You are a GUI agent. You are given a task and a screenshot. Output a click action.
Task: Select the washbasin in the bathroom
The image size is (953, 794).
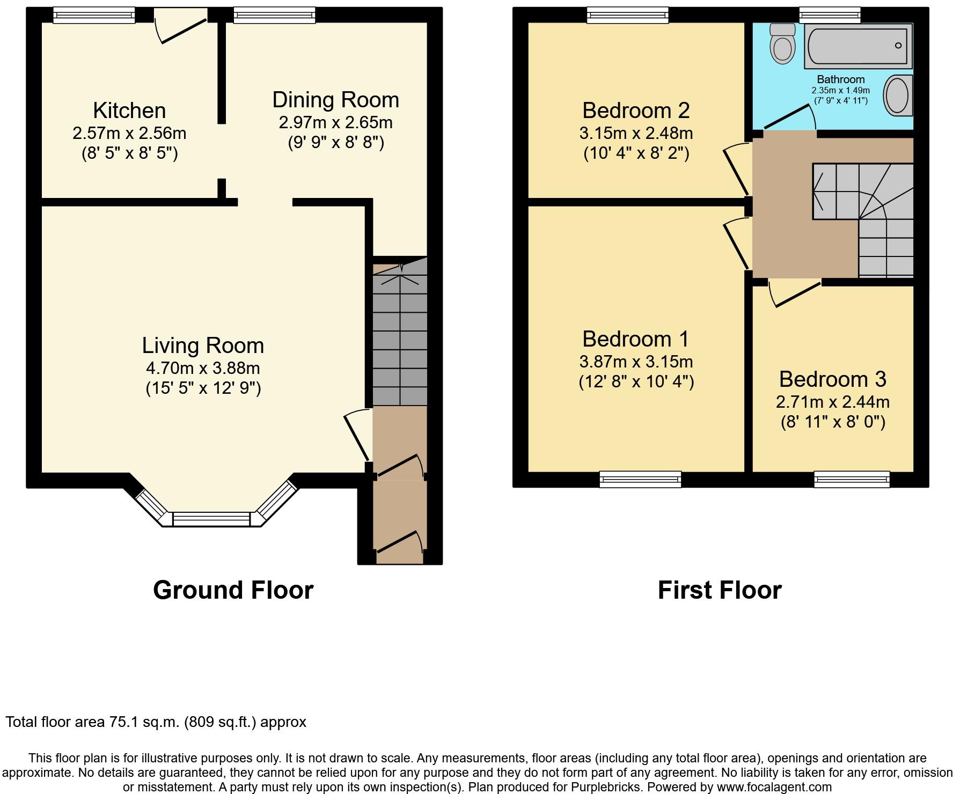898,95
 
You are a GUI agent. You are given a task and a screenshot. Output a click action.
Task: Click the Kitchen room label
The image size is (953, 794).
129,111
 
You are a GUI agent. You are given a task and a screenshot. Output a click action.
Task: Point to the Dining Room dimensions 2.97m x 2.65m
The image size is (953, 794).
336,122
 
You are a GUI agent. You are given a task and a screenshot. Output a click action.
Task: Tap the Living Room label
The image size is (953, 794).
203,345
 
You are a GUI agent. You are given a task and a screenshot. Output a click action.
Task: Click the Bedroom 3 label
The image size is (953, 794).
833,379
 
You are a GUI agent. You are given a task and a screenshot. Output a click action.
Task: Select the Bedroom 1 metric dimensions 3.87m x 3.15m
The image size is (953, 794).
636,362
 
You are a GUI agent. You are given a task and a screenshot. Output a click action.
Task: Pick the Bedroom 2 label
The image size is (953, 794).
636,111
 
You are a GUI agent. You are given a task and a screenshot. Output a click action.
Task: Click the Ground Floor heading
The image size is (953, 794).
233,590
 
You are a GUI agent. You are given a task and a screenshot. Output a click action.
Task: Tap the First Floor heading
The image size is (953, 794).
720,590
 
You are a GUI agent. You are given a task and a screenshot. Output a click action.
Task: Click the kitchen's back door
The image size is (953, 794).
180,31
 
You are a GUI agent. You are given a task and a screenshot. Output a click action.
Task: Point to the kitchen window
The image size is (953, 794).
94,15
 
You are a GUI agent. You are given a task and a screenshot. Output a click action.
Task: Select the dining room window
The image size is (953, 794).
274,15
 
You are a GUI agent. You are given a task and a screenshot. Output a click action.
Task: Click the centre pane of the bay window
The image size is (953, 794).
211,519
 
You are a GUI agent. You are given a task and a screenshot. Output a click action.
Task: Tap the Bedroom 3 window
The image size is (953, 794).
852,479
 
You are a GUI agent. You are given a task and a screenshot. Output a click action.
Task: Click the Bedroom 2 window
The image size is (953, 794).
628,15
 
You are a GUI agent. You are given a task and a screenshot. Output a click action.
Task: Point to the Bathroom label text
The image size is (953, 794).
841,80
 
